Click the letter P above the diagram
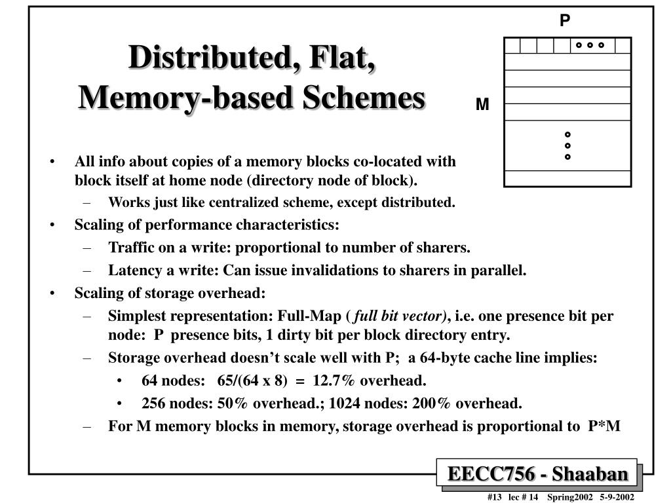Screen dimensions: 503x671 (565, 21)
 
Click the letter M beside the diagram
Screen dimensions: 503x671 (482, 105)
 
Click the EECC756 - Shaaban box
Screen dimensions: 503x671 (537, 474)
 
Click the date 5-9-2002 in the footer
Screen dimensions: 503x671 (617, 497)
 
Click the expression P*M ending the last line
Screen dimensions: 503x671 (604, 426)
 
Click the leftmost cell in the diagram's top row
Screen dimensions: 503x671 (512, 45)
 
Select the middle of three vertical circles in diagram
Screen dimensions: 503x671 (567, 145)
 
